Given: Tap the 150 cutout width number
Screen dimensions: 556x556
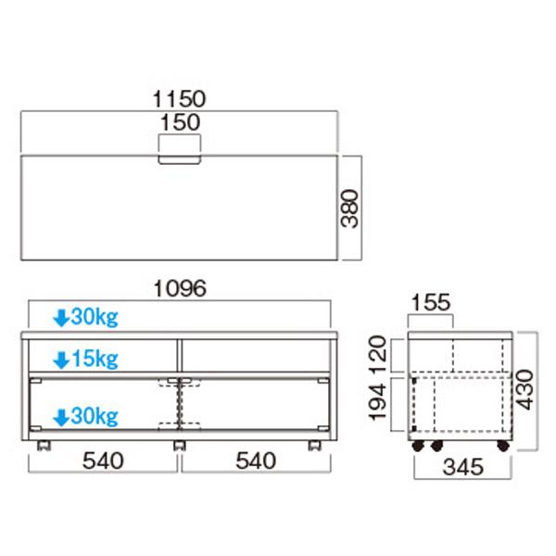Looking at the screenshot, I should click(180, 122).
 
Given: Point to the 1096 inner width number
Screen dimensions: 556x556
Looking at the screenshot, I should click(180, 288).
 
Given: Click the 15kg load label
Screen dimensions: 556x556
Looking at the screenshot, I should click(95, 359).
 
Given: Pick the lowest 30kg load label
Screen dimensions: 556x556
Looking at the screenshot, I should click(95, 416).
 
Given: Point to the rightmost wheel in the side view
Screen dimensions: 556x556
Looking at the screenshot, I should click(503, 446).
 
